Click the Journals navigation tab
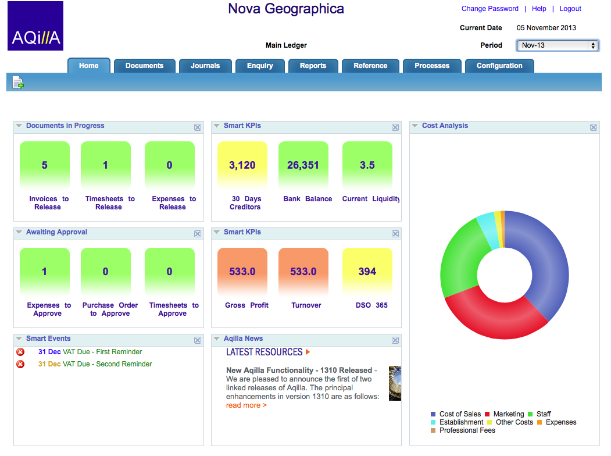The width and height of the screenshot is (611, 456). [x=205, y=66]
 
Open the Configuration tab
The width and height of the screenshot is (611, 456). [x=499, y=66]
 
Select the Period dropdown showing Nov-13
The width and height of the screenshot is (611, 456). [x=557, y=45]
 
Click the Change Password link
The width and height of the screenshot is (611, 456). [x=489, y=9]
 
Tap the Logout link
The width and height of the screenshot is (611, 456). [x=570, y=9]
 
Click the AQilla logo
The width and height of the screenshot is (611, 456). [x=35, y=26]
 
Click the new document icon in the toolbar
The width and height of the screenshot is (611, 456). [x=18, y=83]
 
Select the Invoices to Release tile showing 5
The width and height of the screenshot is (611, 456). [x=45, y=165]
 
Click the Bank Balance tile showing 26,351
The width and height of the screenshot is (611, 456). [x=303, y=165]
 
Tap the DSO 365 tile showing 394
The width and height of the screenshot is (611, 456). [x=367, y=272]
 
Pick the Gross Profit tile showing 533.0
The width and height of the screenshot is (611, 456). [x=242, y=272]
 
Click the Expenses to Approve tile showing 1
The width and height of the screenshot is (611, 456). [x=45, y=272]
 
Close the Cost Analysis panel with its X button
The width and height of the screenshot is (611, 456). [x=594, y=127]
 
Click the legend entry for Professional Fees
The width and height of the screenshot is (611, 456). [x=467, y=430]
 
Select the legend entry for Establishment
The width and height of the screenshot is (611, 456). [x=460, y=422]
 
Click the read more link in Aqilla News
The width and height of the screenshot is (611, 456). [x=246, y=405]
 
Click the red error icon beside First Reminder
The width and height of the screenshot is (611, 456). [x=20, y=352]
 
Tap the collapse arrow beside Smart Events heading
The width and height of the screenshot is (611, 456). [x=19, y=339]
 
